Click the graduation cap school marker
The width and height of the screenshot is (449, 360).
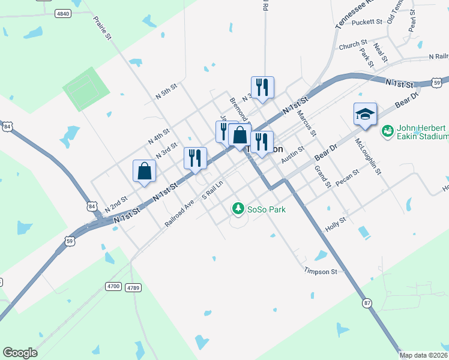click(x=364, y=114)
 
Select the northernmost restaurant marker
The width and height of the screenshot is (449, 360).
click(x=262, y=87)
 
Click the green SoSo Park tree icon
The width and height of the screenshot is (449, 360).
click(x=238, y=209)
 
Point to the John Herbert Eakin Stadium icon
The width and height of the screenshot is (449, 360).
click(x=388, y=130)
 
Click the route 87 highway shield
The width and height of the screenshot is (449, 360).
click(x=366, y=303)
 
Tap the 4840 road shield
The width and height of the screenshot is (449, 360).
click(x=62, y=13)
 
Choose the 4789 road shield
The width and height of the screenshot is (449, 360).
click(x=133, y=288)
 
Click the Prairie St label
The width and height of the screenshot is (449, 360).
click(x=103, y=28)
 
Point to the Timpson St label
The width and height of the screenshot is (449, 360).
click(x=321, y=272)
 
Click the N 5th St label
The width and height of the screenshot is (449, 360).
click(x=166, y=91)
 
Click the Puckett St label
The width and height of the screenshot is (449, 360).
click(x=367, y=22)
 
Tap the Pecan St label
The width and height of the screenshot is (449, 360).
click(x=348, y=176)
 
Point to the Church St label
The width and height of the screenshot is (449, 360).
click(x=353, y=44)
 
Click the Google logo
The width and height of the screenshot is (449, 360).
click(x=20, y=353)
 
